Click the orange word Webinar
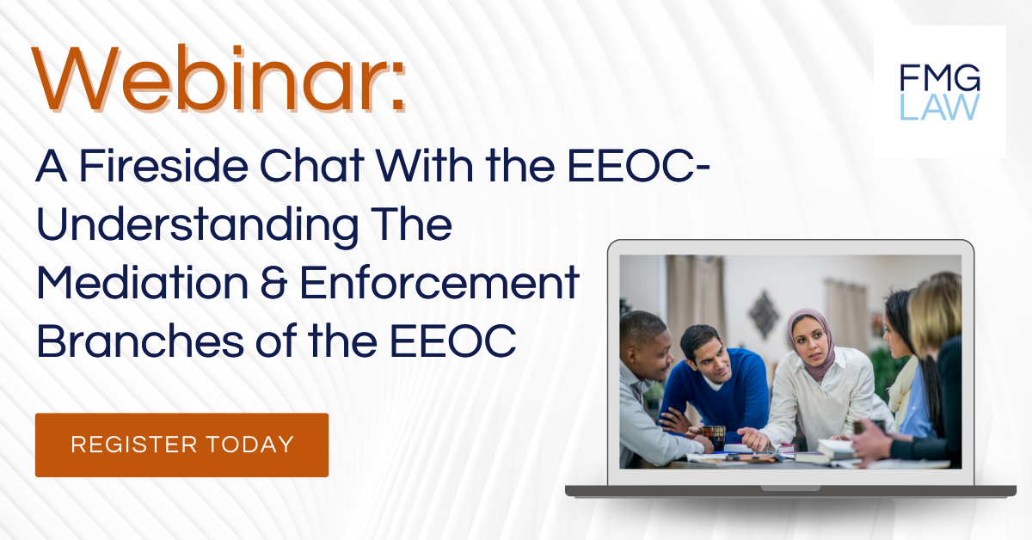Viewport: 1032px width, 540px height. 218,78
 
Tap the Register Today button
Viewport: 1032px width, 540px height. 182,445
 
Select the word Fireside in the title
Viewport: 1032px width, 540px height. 163,166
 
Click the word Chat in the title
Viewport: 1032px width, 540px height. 312,166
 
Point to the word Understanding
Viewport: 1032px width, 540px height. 197,226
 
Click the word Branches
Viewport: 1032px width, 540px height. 140,341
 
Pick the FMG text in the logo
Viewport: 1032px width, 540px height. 940,78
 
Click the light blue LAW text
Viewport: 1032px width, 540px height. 940,107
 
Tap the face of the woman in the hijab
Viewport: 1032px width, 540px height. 811,344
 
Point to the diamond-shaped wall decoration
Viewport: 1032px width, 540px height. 764,314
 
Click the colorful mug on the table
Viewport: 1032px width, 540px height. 713,438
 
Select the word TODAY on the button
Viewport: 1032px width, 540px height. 250,445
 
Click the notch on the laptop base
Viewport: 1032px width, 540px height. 790,488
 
